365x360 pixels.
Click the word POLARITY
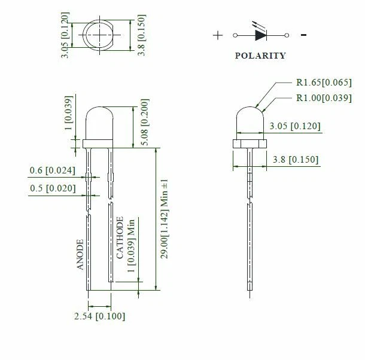click(x=260, y=56)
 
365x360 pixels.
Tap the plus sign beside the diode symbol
click(x=217, y=35)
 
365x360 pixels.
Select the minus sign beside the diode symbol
click(x=304, y=35)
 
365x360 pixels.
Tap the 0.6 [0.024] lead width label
click(x=52, y=171)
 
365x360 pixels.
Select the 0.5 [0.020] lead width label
click(x=52, y=188)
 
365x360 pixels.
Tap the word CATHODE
click(x=120, y=237)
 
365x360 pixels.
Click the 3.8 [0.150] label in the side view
click(x=295, y=160)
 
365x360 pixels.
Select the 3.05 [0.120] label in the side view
click(x=294, y=126)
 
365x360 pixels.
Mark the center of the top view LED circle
click(x=99, y=33)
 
